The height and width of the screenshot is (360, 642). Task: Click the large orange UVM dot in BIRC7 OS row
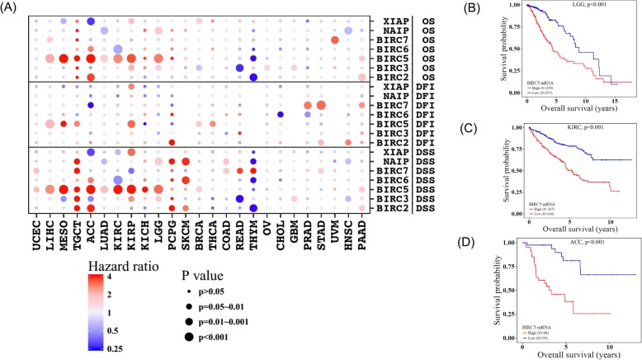click(x=335, y=40)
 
